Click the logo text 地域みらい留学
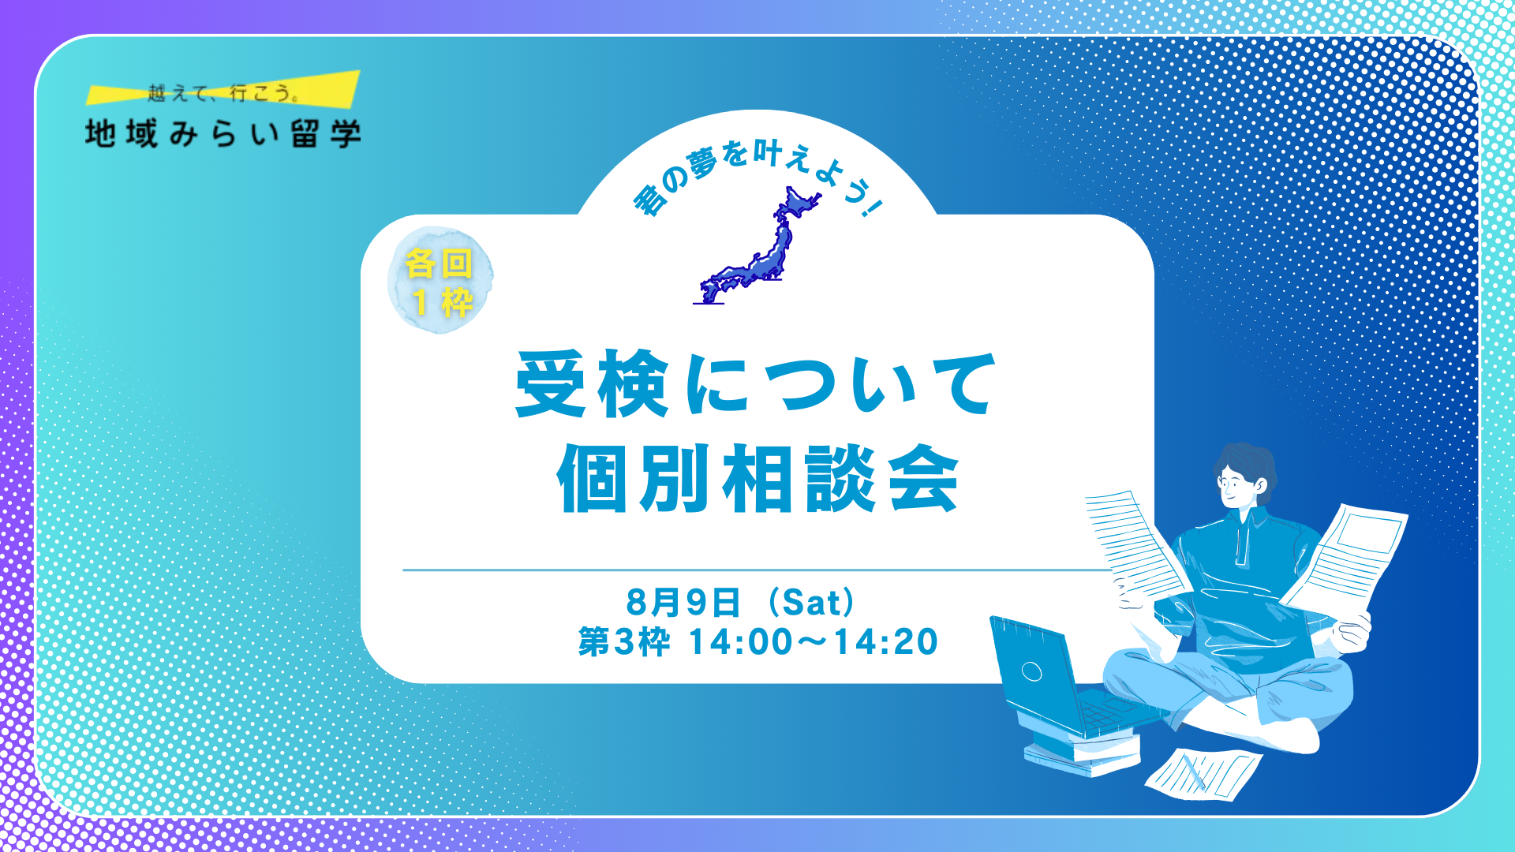(x=223, y=134)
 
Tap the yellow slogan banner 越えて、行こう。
(x=223, y=90)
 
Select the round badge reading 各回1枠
(x=440, y=280)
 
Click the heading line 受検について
(x=756, y=385)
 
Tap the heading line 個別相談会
(x=757, y=479)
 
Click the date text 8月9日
(x=683, y=603)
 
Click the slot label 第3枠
(x=624, y=642)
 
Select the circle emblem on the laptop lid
(x=1032, y=671)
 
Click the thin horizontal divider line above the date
(x=757, y=570)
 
